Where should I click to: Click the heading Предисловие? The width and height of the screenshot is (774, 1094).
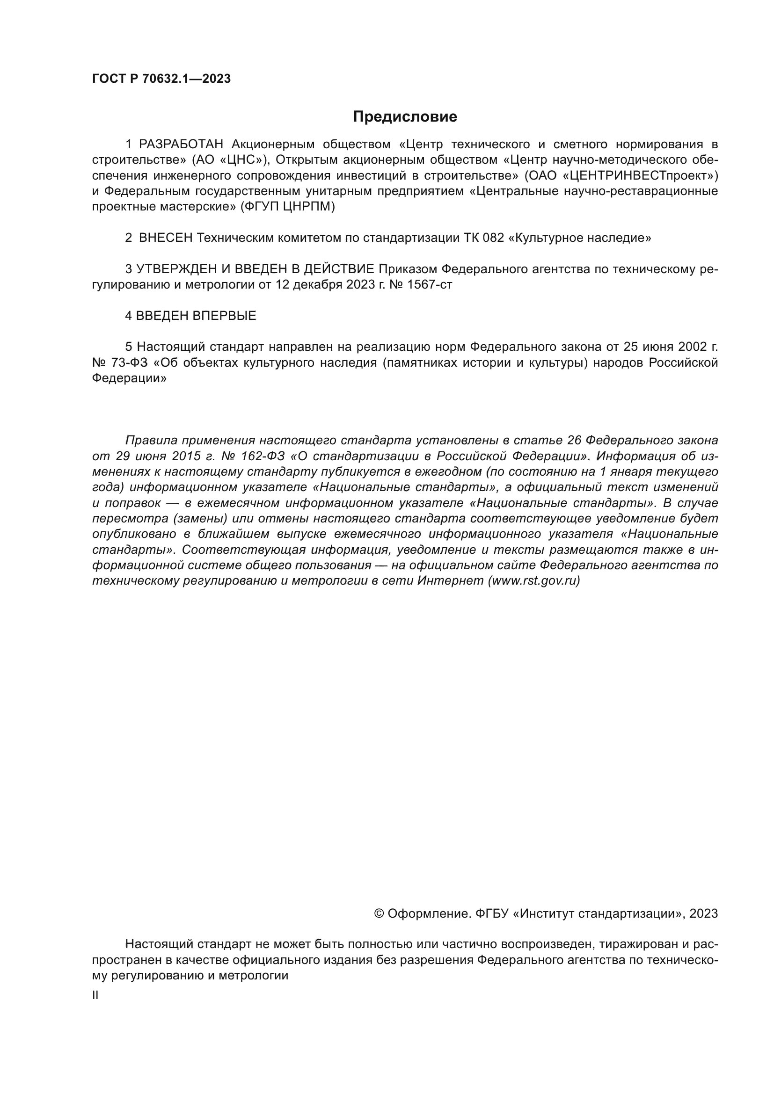click(405, 117)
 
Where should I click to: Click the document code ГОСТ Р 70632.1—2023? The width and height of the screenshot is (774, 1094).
click(161, 79)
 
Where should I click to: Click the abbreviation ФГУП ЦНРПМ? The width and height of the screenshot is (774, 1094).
click(287, 207)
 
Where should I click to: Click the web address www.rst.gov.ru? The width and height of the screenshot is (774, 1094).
click(534, 581)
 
